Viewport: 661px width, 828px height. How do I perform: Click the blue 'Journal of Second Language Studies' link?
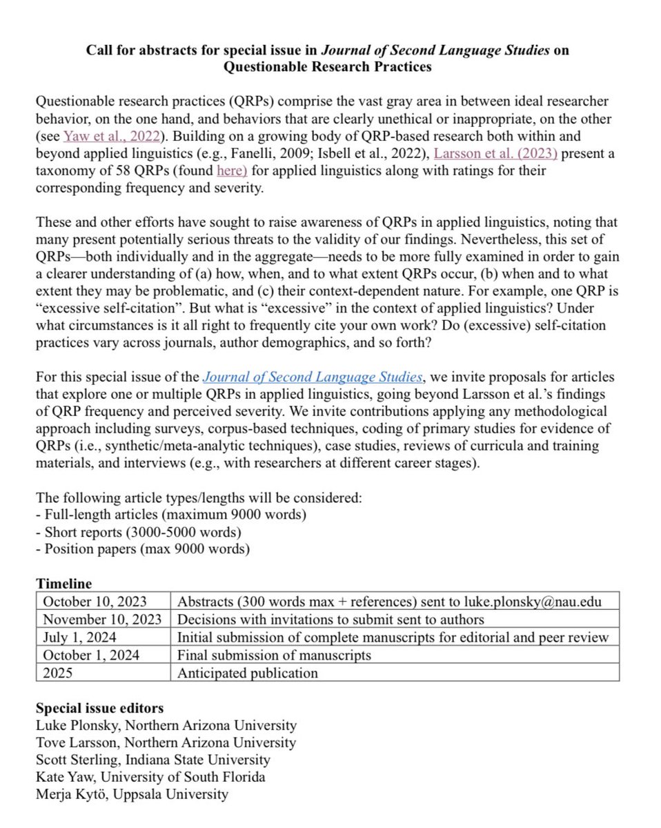(x=312, y=377)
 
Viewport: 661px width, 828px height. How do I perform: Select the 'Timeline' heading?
(x=63, y=584)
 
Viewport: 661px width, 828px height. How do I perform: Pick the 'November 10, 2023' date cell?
(x=101, y=619)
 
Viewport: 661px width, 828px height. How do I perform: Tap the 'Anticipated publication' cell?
(x=248, y=673)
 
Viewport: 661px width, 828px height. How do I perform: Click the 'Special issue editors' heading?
(x=99, y=708)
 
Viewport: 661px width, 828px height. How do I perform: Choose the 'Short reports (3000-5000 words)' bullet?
(x=138, y=532)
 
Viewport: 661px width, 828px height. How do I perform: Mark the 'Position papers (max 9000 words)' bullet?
(x=142, y=549)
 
